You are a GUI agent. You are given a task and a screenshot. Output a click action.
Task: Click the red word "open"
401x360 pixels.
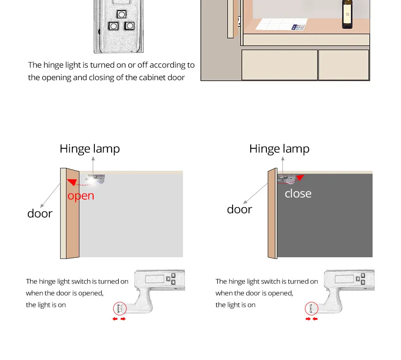[81, 195]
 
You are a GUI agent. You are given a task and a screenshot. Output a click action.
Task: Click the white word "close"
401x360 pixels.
[298, 193]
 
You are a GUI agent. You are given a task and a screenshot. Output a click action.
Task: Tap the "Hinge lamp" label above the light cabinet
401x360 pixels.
[90, 149]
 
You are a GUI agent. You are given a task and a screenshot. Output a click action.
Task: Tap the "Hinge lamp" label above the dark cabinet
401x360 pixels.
[279, 149]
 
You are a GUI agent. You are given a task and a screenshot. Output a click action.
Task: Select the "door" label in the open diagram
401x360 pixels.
[40, 213]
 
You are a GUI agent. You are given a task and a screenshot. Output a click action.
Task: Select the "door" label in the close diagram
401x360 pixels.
[239, 209]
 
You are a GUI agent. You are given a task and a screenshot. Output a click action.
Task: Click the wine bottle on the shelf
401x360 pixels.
[347, 14]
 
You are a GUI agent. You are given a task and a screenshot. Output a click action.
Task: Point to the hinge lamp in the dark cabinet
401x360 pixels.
[287, 178]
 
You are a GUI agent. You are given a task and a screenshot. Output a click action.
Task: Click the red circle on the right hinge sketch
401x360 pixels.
[311, 309]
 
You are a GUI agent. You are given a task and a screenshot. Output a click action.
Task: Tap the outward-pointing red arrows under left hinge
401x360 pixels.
[119, 319]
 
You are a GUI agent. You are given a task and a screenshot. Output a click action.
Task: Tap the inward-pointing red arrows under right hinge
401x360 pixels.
[311, 319]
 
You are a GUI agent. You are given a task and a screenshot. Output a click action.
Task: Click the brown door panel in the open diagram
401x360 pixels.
[72, 215]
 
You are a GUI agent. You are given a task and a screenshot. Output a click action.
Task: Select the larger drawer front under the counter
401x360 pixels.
[279, 65]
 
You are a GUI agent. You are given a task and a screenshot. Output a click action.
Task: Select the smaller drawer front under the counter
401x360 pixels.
[343, 65]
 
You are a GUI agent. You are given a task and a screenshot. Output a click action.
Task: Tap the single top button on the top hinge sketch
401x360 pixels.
[122, 14]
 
